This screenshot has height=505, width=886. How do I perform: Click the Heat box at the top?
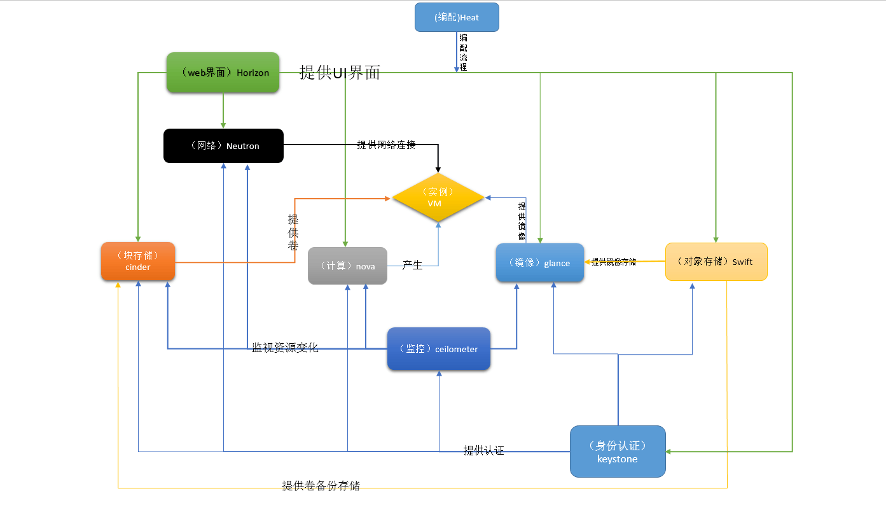(457, 17)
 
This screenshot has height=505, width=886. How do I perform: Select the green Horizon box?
(223, 73)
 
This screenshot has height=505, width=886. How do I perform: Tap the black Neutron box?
(223, 146)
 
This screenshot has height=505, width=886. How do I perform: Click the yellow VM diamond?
(438, 197)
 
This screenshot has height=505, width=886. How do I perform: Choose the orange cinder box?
(138, 261)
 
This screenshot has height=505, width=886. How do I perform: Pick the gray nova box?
(347, 266)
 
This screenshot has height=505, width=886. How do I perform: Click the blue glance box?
(539, 262)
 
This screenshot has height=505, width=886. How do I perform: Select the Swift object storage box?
(716, 262)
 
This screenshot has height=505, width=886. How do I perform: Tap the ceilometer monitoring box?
(439, 349)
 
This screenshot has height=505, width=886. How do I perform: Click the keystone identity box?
(618, 452)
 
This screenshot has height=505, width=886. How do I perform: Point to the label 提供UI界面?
(340, 73)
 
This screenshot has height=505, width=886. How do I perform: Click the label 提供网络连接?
(386, 145)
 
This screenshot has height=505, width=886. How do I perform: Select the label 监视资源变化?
(285, 348)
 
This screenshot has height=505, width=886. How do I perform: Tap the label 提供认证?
(483, 451)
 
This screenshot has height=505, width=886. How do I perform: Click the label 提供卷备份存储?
(321, 486)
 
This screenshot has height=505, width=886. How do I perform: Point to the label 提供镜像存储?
(614, 262)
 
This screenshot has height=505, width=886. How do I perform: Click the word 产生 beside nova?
(412, 265)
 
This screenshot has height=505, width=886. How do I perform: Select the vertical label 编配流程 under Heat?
(463, 52)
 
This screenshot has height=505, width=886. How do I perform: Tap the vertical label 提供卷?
(293, 232)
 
